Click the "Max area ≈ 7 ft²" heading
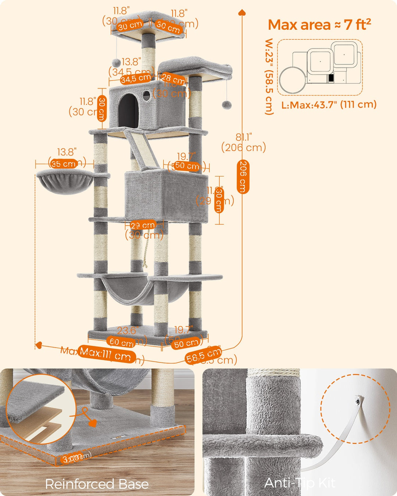point(319,25)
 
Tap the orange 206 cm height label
point(243,176)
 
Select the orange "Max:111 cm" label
point(105,354)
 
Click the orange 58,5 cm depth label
point(203,355)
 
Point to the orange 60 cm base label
point(121,342)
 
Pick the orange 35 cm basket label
point(64,164)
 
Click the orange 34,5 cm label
point(136,79)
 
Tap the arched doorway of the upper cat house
point(128,109)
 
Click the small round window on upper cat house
point(147,96)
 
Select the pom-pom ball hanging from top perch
point(117,62)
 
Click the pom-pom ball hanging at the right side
point(226,105)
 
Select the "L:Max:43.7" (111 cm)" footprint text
point(329,105)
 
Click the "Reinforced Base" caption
point(97,484)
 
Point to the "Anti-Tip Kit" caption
point(300,483)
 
